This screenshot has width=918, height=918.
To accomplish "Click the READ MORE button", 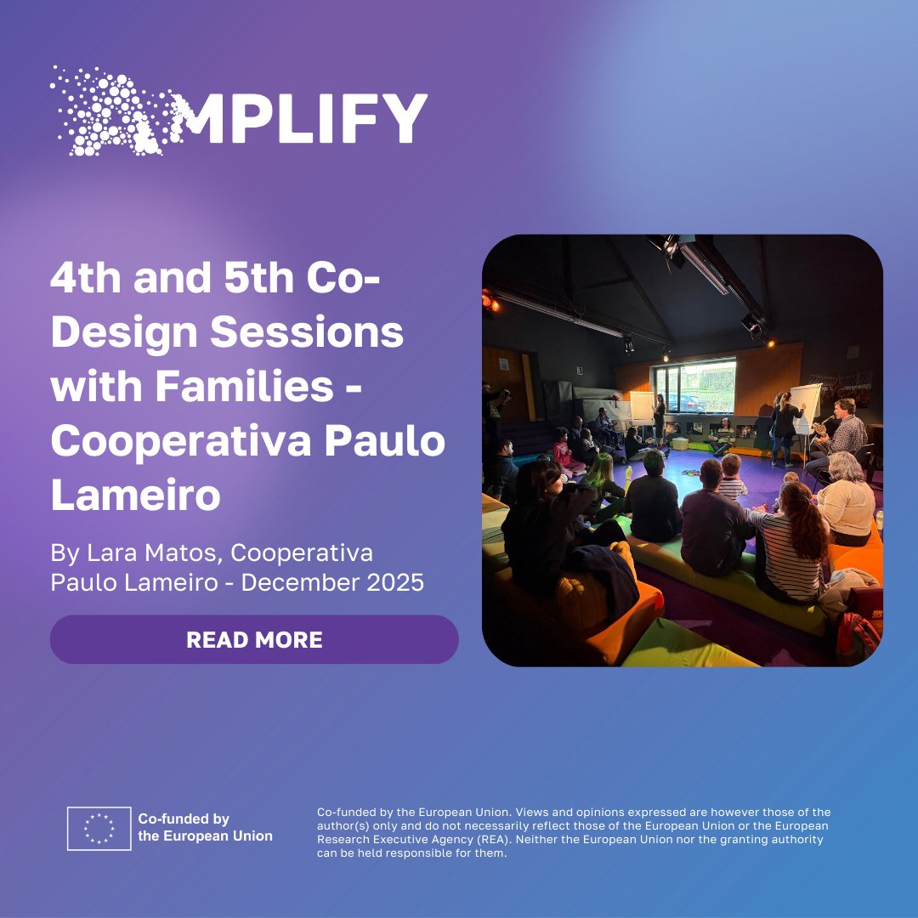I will [254, 639].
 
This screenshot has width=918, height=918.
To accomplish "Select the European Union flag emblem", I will [99, 829].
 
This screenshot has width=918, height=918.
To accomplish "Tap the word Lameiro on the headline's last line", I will [135, 497].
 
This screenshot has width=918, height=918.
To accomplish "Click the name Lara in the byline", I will [111, 552].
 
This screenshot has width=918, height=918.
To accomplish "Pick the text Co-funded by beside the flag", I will [184, 819].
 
